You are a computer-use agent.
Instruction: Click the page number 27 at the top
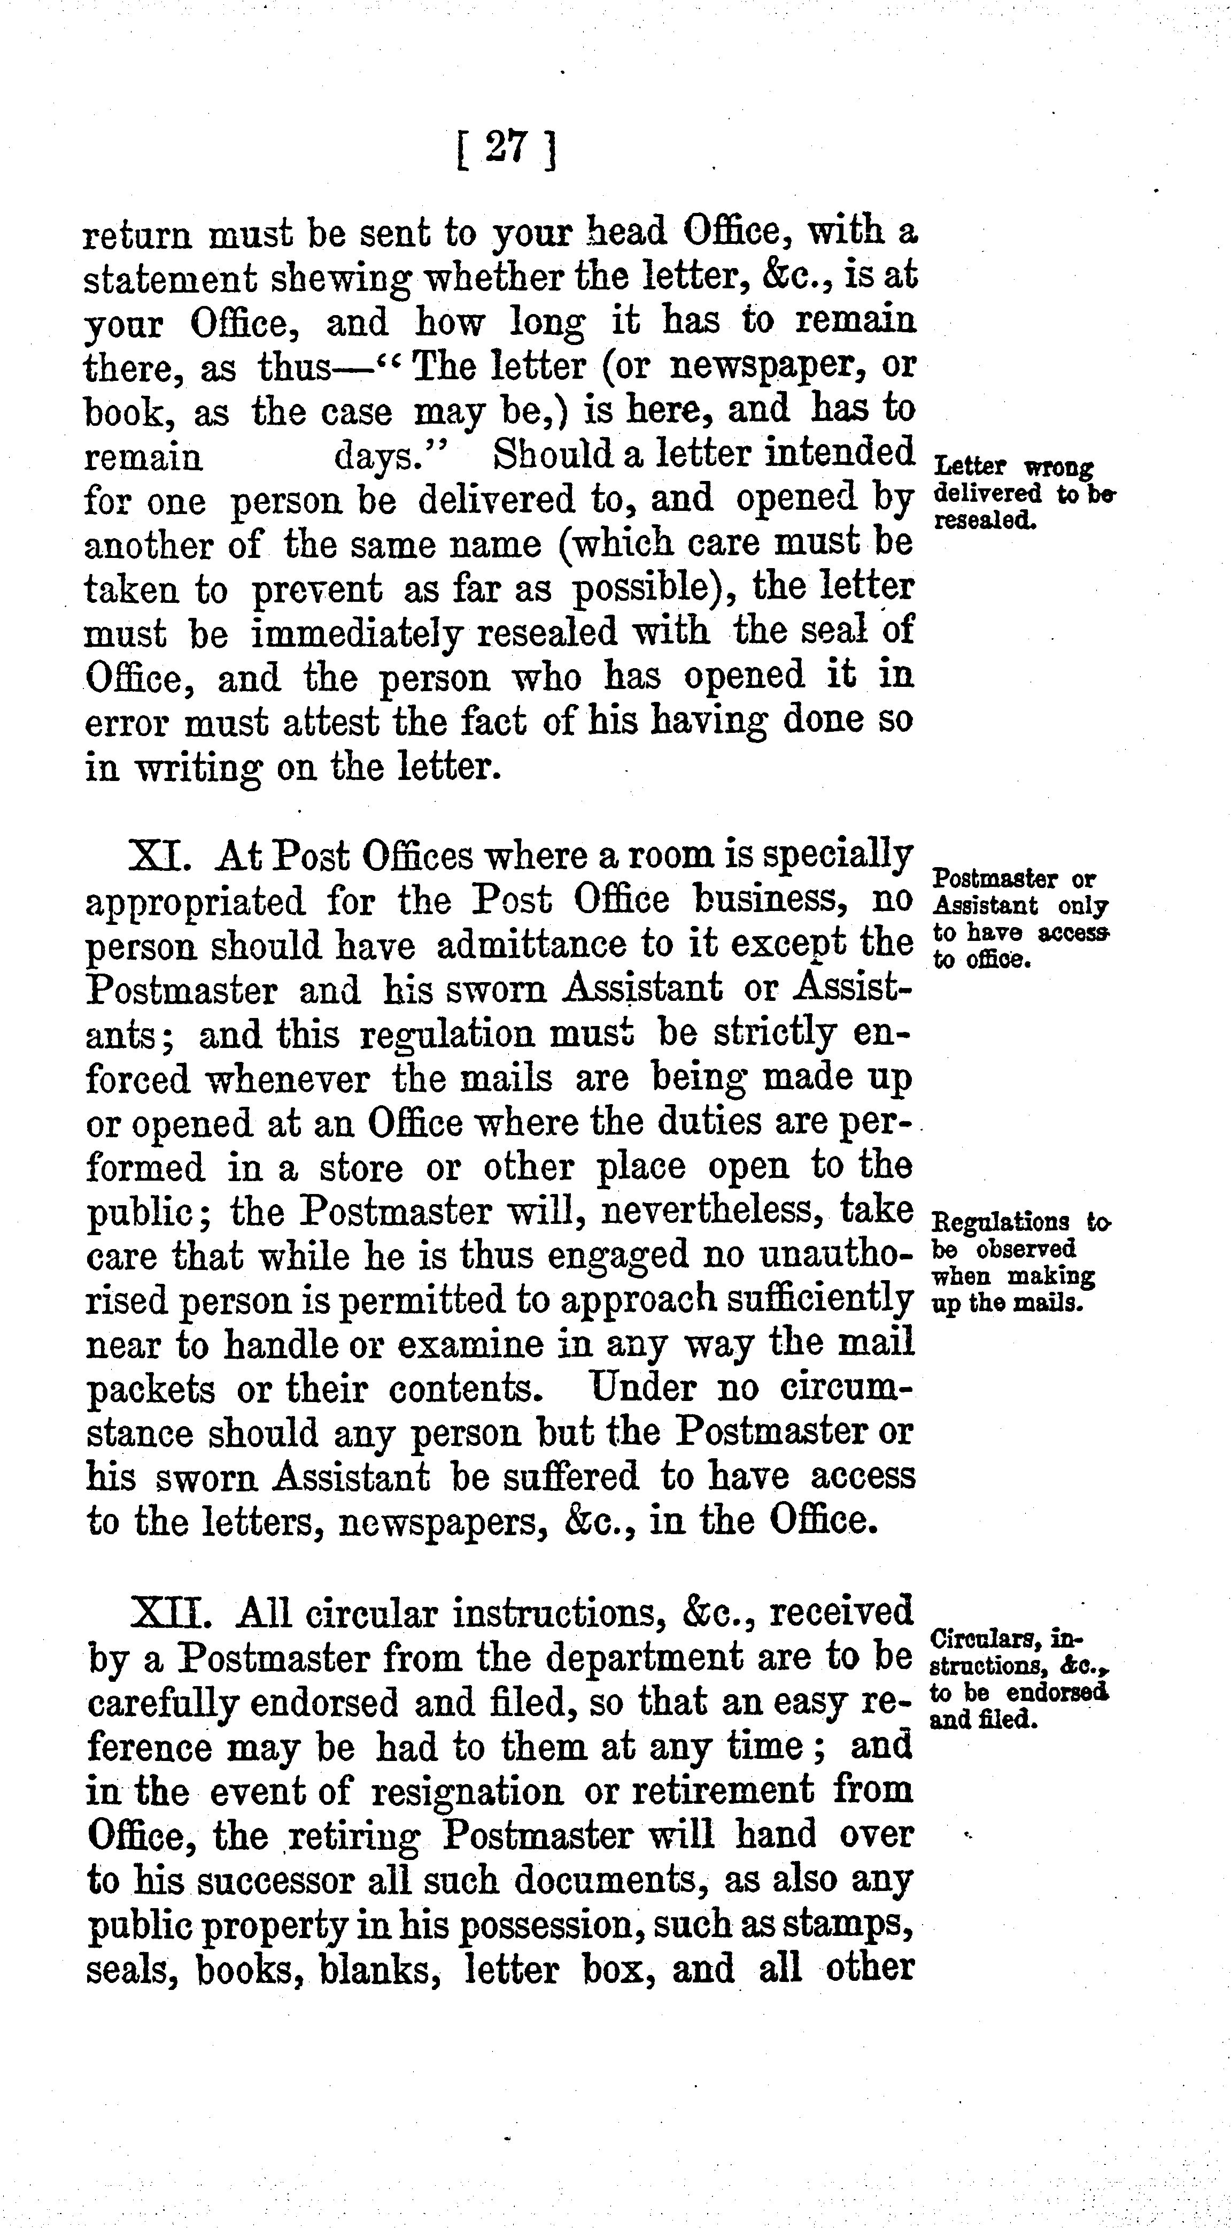[505, 149]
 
